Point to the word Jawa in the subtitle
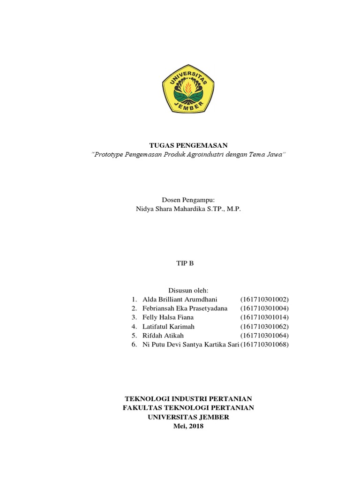coord(273,155)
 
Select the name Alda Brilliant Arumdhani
coord(180,299)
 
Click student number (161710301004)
coord(265,308)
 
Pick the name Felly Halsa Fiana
coord(168,317)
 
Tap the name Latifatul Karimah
coord(168,326)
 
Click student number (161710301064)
coord(265,336)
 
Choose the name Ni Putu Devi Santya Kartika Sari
coord(190,345)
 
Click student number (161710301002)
coord(265,299)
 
